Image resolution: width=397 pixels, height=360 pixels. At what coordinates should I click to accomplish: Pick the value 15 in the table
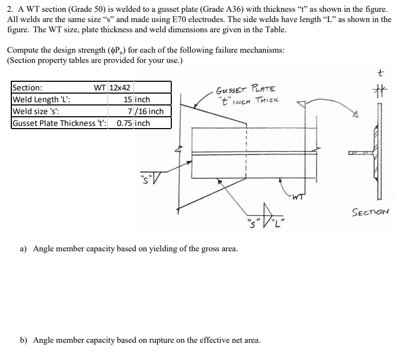[128, 100]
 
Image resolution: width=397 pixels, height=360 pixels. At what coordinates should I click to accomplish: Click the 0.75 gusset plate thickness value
[125, 123]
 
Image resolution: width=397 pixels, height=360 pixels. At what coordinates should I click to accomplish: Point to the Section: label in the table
[27, 88]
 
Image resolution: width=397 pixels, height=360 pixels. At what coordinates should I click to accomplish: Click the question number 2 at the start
[10, 10]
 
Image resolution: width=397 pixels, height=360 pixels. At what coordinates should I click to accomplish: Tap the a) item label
[24, 249]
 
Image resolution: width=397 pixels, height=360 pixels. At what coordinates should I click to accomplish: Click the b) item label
[24, 340]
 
